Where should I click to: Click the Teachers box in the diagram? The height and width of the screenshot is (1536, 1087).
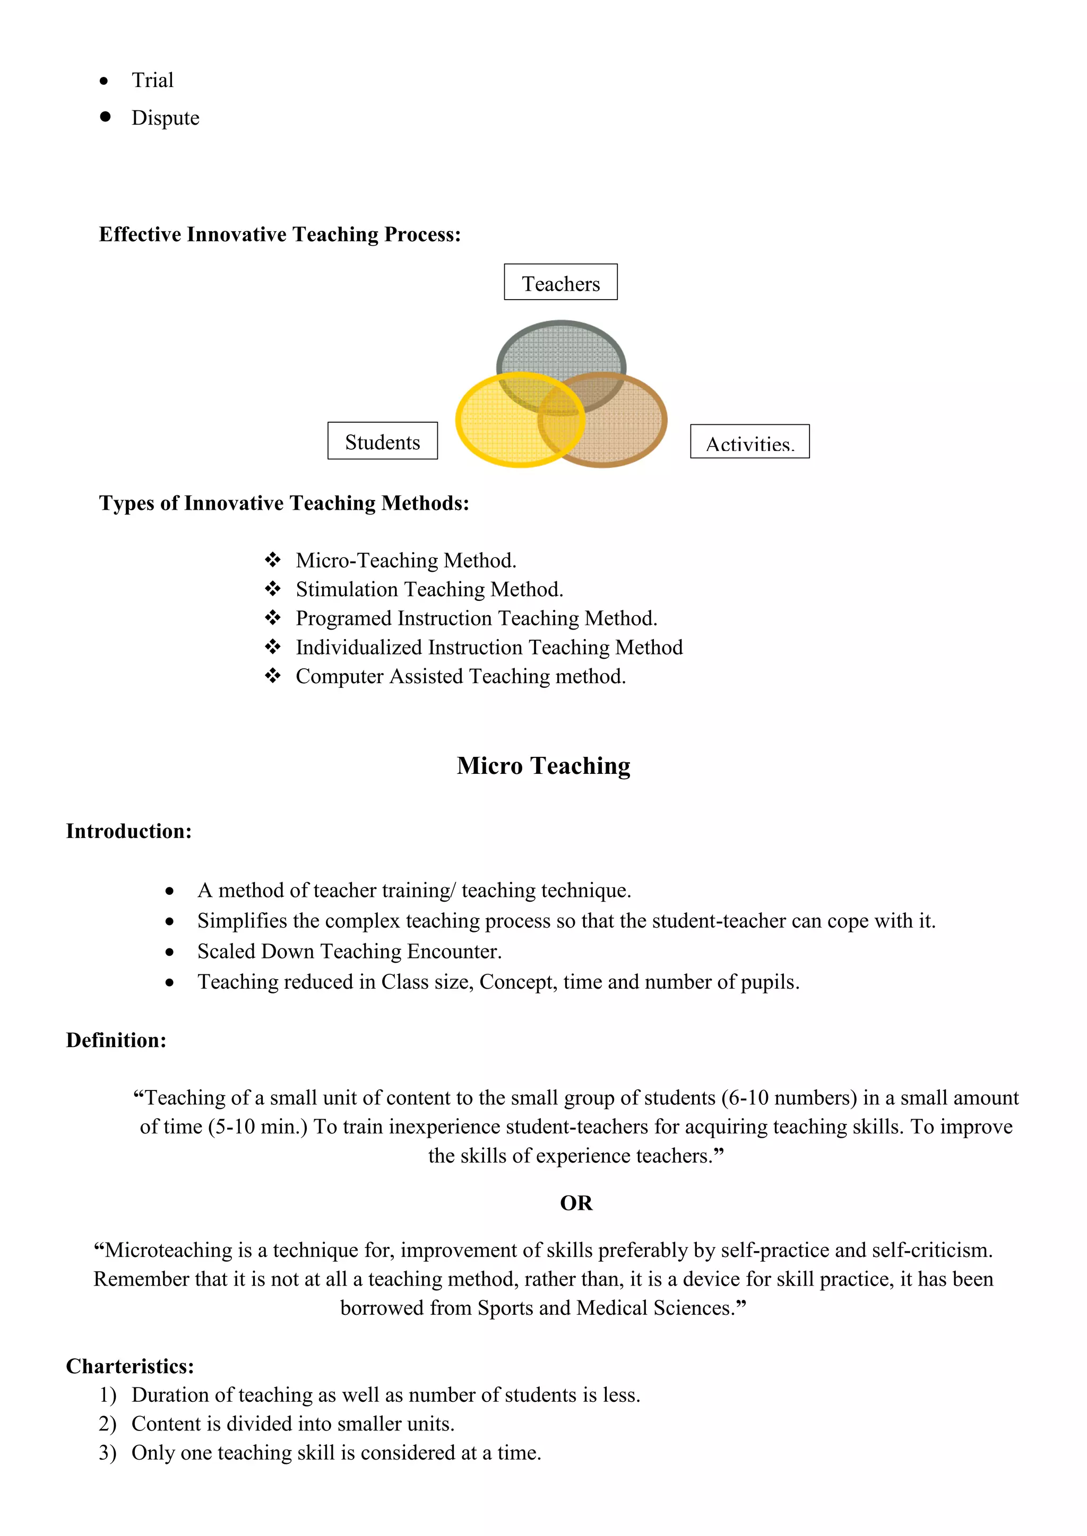(x=560, y=282)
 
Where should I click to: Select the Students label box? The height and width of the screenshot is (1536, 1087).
(x=382, y=441)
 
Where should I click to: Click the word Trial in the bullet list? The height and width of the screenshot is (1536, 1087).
(x=153, y=80)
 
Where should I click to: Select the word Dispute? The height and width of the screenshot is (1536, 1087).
(x=165, y=118)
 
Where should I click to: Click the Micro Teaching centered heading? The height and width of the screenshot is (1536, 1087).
(x=543, y=765)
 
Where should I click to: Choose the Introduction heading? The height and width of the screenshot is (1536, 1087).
(x=128, y=831)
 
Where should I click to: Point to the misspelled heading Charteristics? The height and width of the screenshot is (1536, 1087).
(x=130, y=1366)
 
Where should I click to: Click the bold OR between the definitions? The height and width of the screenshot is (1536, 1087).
(x=576, y=1203)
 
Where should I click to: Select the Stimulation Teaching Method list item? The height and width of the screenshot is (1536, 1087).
(x=429, y=589)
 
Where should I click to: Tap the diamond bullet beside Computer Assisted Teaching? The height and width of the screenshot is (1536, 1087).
(x=272, y=676)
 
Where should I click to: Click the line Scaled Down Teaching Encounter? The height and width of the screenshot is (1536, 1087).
(x=349, y=952)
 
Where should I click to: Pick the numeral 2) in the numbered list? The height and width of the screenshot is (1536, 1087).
(x=107, y=1424)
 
